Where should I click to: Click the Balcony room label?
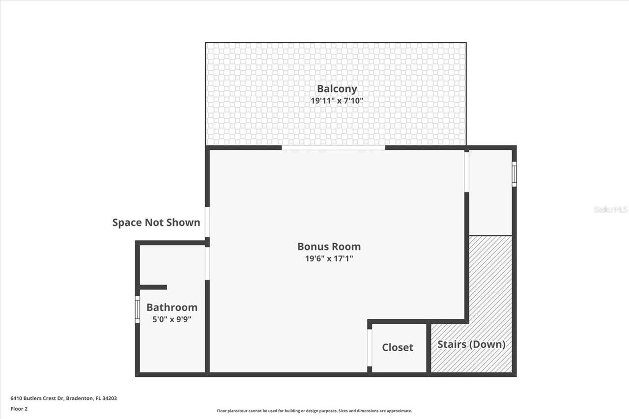click(x=337, y=89)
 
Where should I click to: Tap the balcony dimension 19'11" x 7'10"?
click(x=337, y=101)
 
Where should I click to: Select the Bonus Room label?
click(x=329, y=247)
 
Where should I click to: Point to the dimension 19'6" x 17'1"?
click(x=329, y=259)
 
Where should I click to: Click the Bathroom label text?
click(x=172, y=307)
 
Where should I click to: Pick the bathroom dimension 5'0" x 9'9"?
click(x=172, y=319)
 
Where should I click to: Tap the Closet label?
click(x=398, y=347)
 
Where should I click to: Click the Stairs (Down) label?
click(x=471, y=344)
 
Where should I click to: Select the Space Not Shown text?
click(x=156, y=223)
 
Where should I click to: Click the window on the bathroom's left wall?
click(x=138, y=309)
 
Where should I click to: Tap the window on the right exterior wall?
click(x=514, y=174)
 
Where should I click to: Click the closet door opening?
click(x=370, y=347)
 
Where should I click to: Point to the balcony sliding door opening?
click(x=333, y=147)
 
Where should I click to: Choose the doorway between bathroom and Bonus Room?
click(x=207, y=264)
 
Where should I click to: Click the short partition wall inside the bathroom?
click(x=153, y=287)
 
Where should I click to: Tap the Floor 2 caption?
click(x=19, y=408)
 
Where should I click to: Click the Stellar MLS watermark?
click(x=611, y=209)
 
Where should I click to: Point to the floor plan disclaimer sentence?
click(x=314, y=411)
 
